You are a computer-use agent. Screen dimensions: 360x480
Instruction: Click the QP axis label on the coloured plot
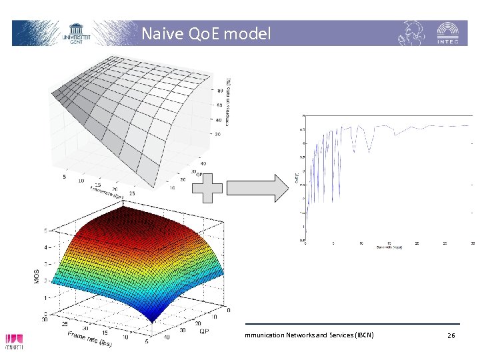203,330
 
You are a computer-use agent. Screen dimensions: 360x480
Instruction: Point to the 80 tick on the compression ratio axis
220,90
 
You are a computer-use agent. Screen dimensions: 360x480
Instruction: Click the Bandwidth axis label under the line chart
389,248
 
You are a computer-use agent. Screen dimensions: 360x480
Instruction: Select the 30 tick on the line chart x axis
473,243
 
